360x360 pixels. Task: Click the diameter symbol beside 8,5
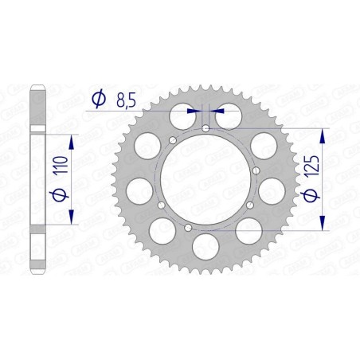point(98,100)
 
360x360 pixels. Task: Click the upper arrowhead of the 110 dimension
point(72,139)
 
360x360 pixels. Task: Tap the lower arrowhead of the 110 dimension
point(72,218)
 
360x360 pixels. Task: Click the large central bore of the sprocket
point(205,178)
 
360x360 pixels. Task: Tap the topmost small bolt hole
point(205,127)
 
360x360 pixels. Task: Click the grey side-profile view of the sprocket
point(37,180)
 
